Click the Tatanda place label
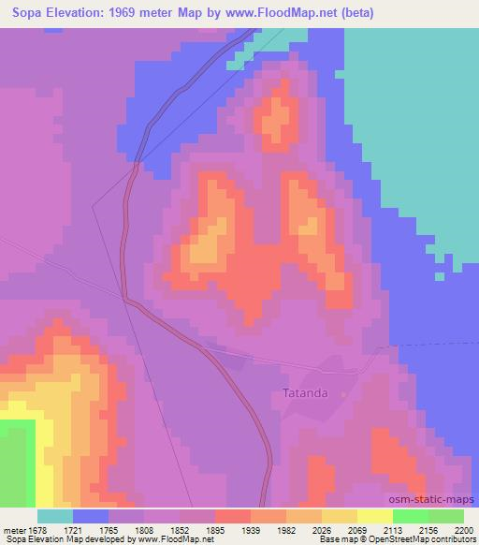click(306, 393)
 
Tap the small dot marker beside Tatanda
click(343, 394)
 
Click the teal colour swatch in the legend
click(55, 516)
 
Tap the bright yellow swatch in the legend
click(375, 516)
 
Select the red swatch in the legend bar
click(233, 516)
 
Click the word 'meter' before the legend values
click(11, 530)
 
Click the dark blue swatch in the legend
click(91, 516)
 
